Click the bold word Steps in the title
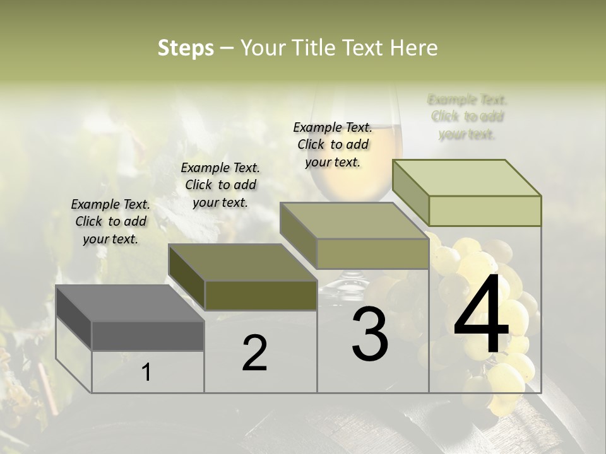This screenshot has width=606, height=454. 185,49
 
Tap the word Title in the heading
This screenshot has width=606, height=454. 315,48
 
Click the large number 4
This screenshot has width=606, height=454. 481,315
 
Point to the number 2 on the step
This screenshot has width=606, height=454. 254,353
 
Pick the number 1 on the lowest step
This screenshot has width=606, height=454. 146,372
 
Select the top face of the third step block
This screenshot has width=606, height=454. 354,221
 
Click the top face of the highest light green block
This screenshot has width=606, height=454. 467,178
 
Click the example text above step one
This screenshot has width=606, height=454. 110,221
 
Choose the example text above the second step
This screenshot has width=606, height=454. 220,185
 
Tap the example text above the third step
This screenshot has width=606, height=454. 333,144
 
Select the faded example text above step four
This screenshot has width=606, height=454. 467,117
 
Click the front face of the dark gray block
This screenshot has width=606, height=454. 148,336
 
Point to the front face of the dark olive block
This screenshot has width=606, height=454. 261,296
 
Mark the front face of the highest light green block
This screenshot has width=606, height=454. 485,211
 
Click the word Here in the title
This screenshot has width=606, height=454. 414,48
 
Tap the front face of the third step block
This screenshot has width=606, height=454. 372,254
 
